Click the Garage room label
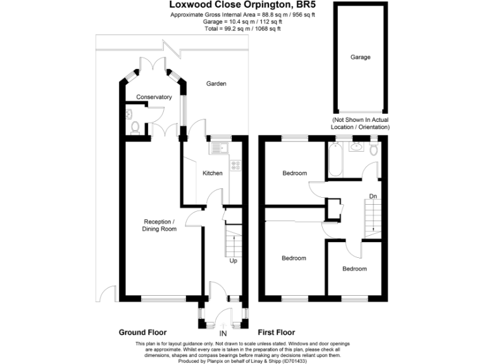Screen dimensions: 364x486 [x=360, y=57]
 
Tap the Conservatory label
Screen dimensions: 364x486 [x=154, y=97]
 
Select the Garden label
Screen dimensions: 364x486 [x=216, y=83]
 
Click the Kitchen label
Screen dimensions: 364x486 [x=212, y=173]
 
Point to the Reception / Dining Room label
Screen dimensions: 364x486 [x=159, y=225]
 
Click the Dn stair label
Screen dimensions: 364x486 [x=373, y=197]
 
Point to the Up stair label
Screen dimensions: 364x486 [x=234, y=260]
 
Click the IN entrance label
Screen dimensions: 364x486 [x=223, y=333]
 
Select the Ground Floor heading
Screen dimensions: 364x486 [x=142, y=332]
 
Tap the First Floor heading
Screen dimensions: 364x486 [x=277, y=332]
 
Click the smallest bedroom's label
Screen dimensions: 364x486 [x=354, y=269]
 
